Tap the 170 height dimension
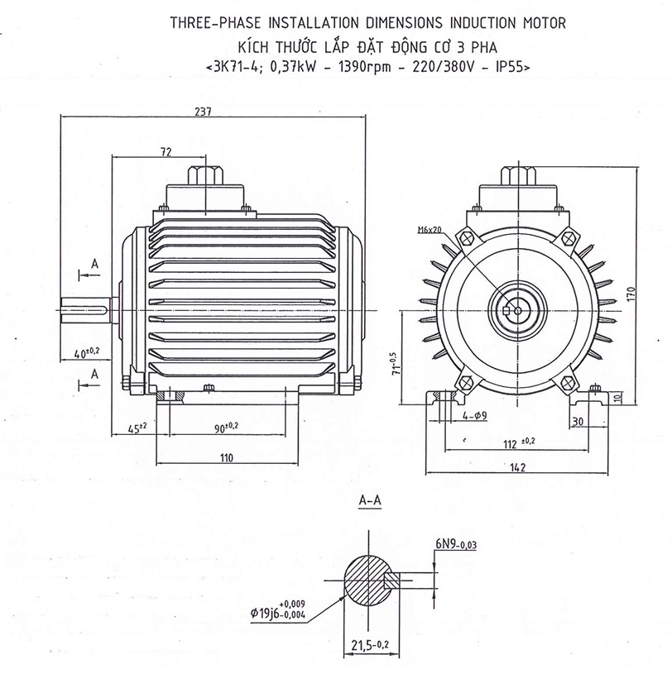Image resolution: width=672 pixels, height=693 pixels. tap(631, 293)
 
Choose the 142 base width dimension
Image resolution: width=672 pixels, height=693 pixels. tap(518, 468)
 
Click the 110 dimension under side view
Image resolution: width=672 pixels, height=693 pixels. tap(227, 457)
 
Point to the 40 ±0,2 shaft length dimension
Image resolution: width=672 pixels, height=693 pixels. tap(86, 352)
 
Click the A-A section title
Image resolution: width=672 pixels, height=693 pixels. tap(370, 501)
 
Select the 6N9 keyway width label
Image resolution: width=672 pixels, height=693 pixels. tap(454, 544)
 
